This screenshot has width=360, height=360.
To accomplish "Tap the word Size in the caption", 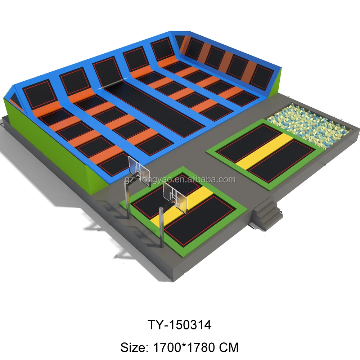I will pos(131,347).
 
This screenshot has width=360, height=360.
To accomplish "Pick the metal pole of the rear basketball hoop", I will pos(127,200).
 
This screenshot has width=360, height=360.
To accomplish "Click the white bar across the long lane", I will pos(110,86).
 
